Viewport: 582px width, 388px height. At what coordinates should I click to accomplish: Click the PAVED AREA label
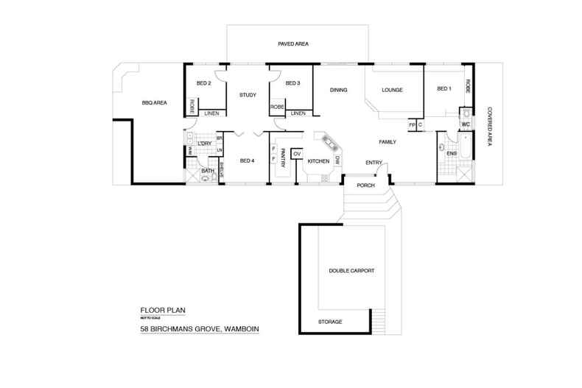click(x=293, y=45)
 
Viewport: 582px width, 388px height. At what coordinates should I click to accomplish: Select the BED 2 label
click(x=204, y=83)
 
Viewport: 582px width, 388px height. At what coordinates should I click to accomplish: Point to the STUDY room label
click(x=247, y=95)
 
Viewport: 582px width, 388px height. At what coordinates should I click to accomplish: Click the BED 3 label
click(x=292, y=83)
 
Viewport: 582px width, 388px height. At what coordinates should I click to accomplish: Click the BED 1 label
click(x=443, y=90)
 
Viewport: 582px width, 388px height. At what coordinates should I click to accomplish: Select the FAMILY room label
click(x=388, y=141)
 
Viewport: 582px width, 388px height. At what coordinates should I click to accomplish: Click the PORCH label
click(x=366, y=186)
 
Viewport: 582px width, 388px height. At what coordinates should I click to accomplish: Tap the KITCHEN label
click(x=318, y=161)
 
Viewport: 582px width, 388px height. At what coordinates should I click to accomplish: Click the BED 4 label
click(x=248, y=160)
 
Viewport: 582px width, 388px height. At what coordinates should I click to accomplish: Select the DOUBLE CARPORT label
click(x=347, y=271)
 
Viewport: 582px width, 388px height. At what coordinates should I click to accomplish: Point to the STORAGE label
click(x=329, y=322)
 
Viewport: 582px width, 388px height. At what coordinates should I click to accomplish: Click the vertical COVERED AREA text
click(x=488, y=127)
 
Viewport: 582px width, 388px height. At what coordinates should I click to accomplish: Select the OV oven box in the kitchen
click(x=297, y=154)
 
